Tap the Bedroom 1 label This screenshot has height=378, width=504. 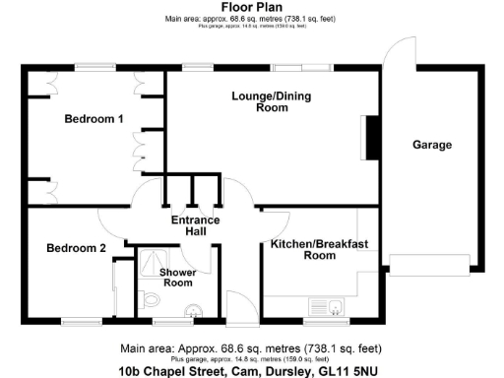click(94, 119)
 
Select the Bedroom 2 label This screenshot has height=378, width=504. click(76, 248)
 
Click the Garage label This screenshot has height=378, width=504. click(431, 145)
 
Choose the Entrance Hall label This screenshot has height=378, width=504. click(195, 225)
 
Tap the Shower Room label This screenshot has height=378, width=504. click(178, 277)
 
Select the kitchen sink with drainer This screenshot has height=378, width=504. click(324, 306)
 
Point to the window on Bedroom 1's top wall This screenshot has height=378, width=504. click(94, 66)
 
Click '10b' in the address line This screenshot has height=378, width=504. click(131, 372)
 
